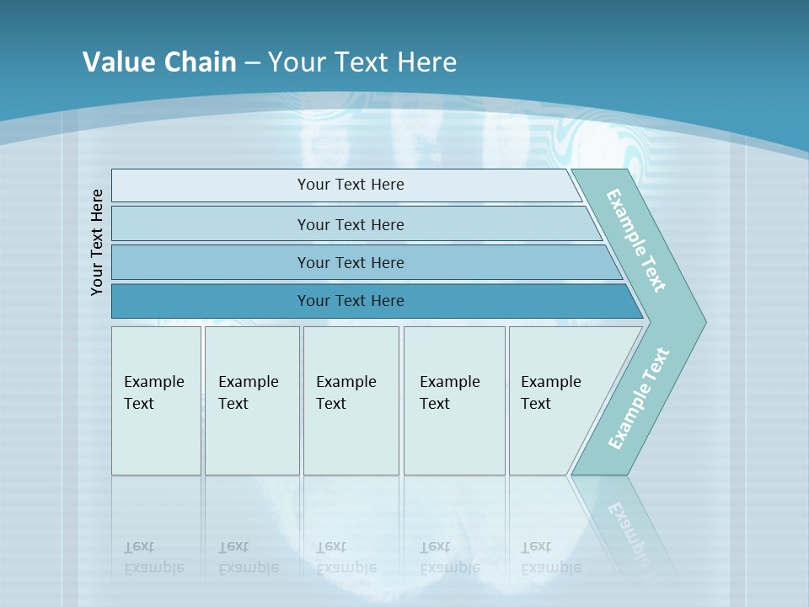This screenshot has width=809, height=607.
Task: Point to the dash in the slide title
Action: (x=252, y=63)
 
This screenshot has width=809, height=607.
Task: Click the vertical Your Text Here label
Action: (x=97, y=242)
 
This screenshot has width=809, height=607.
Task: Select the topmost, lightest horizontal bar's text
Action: (x=351, y=185)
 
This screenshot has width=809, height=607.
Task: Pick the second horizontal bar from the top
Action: (x=351, y=224)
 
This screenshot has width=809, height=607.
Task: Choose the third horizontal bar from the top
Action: (x=351, y=262)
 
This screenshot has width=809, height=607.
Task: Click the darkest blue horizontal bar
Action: (x=351, y=301)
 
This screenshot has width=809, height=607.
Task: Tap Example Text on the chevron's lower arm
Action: (x=639, y=399)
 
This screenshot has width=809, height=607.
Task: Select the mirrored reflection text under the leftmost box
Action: (x=154, y=557)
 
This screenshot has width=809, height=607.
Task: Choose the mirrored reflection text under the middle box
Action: (x=346, y=557)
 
